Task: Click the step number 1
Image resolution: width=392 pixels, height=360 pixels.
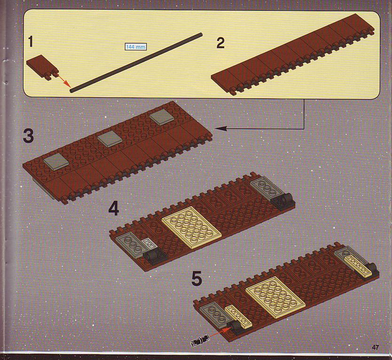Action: click(31, 42)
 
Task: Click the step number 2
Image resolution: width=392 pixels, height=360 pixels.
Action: click(220, 44)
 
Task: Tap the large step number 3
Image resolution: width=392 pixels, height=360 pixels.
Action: click(28, 136)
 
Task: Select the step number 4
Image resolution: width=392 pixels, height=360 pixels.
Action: click(114, 209)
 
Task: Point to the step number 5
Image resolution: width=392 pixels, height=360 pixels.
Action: click(197, 279)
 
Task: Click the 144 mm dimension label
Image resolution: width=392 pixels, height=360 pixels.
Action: click(135, 47)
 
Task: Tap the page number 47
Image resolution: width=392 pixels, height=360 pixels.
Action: click(375, 347)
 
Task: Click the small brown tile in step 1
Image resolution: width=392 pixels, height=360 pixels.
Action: click(42, 67)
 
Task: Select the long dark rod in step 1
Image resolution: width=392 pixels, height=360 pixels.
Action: click(136, 63)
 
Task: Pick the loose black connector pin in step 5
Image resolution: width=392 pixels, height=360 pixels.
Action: click(199, 341)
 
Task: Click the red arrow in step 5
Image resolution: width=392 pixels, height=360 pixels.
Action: click(219, 332)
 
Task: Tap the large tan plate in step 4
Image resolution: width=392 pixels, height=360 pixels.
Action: click(191, 227)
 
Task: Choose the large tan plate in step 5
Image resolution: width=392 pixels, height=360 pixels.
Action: click(275, 297)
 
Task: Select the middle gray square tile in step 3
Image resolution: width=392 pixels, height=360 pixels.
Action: click(109, 139)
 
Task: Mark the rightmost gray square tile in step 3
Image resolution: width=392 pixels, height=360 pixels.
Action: click(161, 117)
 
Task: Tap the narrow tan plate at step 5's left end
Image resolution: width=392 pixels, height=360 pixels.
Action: click(237, 314)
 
